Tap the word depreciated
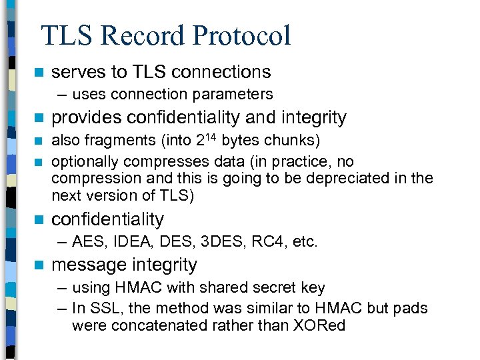(363, 179)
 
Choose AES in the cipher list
(85, 241)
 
